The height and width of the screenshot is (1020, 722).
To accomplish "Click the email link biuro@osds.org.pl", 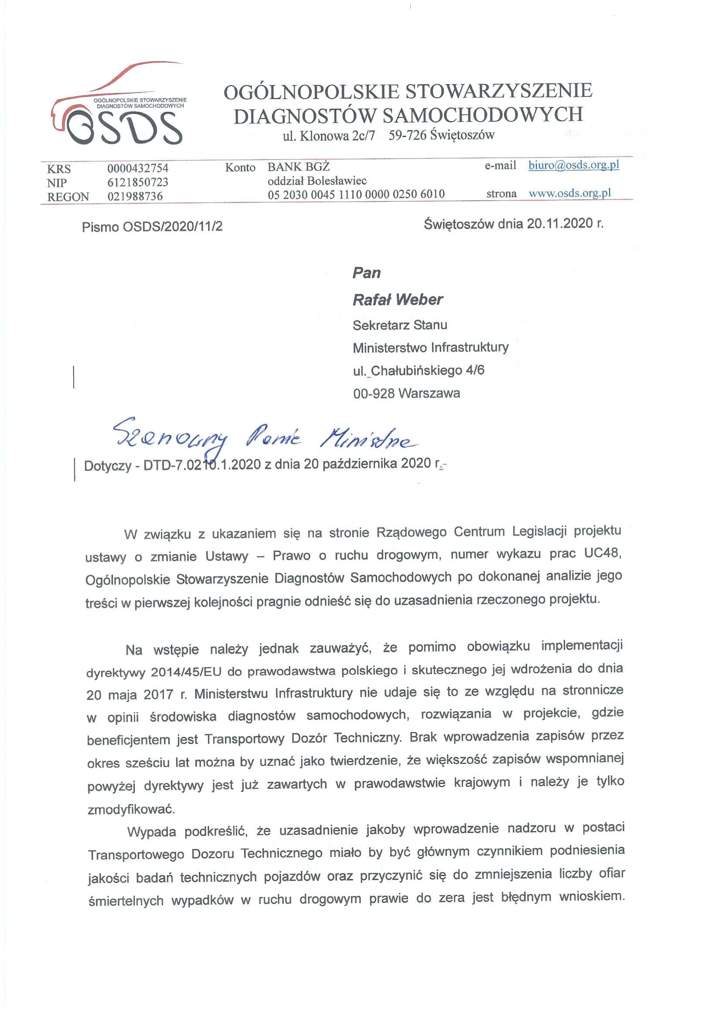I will coord(573,165).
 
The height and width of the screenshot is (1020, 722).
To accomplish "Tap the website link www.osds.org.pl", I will coord(569,193).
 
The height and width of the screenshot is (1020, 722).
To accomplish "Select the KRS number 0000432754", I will coord(138,168).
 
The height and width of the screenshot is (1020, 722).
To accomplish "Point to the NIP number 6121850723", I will coord(138,182).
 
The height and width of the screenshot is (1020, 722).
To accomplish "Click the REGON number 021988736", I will coord(135,196).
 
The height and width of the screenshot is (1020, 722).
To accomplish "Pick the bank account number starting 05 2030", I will coord(356,194).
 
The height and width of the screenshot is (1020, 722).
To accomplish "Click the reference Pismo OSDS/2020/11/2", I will coord(152,227).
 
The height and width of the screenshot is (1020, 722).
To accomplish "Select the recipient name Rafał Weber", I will coord(398,300).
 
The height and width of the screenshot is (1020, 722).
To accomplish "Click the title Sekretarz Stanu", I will coord(400,325).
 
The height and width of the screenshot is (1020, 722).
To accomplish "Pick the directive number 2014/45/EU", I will coord(185,672).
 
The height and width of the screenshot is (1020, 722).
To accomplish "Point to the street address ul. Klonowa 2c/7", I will coord(329,136).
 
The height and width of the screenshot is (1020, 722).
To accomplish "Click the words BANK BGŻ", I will coord(298,167).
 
